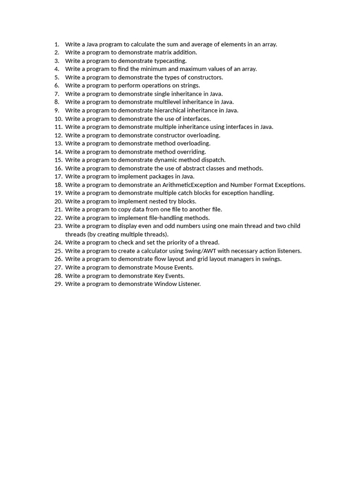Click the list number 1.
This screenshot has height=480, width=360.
pos(56,44)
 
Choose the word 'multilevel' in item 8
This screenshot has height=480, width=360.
pos(170,102)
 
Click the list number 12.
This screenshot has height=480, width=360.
pos(58,135)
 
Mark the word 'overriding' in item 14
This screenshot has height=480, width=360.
pos(191,151)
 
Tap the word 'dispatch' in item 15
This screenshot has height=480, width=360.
pos(213,160)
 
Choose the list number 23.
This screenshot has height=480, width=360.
pos(58,226)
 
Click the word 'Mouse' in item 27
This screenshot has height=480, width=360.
pos(164,267)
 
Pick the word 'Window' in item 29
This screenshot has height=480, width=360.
pos(165,284)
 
